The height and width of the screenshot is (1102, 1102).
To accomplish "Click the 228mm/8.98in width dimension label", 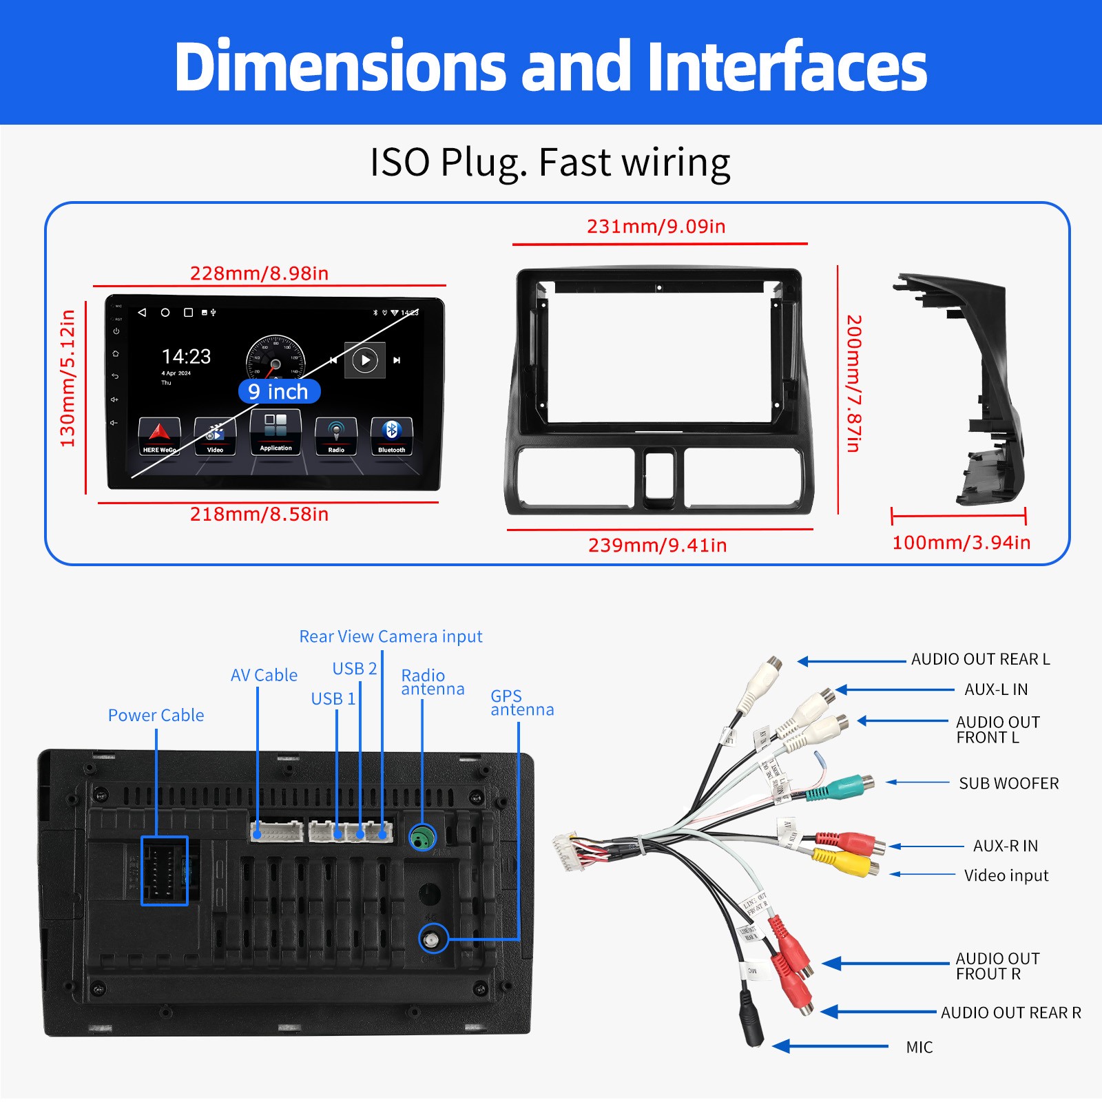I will point(259,273).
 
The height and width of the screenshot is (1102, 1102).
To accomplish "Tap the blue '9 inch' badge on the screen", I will point(278,391).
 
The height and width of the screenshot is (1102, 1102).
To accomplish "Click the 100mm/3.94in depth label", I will point(961,543).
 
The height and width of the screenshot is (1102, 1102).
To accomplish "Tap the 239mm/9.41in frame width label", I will point(657,545).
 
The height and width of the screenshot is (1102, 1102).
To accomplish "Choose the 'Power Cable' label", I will point(156,716).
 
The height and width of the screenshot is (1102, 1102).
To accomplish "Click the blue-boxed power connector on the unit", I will point(165,871).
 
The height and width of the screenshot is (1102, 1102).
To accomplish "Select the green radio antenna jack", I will point(423,838).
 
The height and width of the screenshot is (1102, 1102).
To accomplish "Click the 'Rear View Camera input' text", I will point(391,636).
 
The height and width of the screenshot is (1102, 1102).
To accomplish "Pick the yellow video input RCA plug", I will point(845,862).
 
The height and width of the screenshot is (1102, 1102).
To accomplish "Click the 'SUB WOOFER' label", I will point(1008,783).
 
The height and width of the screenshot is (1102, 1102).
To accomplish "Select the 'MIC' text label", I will point(919,1048).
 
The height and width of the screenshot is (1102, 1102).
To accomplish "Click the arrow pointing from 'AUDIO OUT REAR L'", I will point(851,661).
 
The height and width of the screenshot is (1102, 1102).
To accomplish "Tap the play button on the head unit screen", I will point(365,360).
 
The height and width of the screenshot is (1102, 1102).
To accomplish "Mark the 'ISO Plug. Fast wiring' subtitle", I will point(550,163).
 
